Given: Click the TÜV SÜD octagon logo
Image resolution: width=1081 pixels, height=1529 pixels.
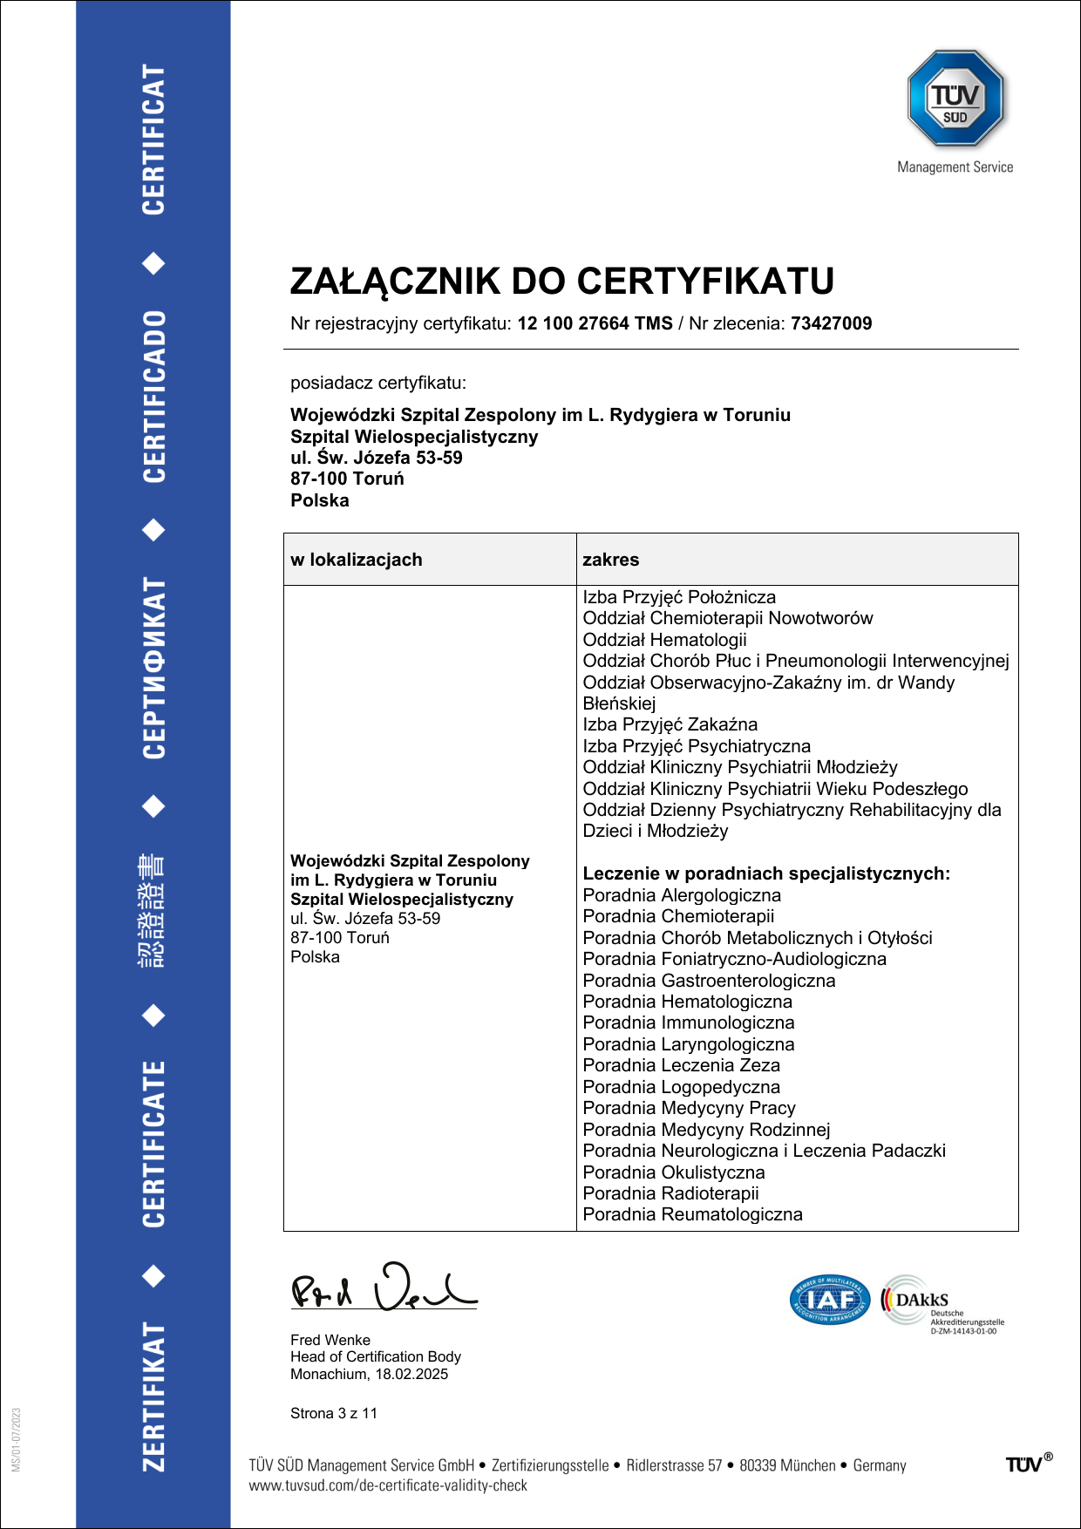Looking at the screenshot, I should [x=955, y=98].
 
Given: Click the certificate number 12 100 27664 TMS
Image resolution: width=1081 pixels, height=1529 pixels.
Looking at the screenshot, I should [x=595, y=323].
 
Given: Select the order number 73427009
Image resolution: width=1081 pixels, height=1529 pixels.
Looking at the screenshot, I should [x=831, y=323].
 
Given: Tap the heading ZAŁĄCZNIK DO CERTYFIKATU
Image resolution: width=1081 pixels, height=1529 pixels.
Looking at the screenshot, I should [x=561, y=281].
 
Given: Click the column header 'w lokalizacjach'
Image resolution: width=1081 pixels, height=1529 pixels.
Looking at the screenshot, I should [x=357, y=560].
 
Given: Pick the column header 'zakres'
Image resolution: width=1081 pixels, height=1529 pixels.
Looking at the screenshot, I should [x=610, y=560].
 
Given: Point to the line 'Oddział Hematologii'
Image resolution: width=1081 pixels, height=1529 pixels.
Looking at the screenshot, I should [x=664, y=640].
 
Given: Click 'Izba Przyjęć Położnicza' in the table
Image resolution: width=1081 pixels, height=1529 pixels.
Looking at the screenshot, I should [x=679, y=597].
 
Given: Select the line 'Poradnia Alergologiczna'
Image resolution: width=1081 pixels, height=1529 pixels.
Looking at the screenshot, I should [x=682, y=895].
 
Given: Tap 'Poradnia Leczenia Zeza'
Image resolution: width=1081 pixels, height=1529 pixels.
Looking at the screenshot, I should [x=681, y=1065].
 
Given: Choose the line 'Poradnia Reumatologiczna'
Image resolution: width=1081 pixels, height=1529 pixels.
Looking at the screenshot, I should [x=692, y=1214].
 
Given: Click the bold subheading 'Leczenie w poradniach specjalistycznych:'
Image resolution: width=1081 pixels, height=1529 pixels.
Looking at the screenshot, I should [x=766, y=873].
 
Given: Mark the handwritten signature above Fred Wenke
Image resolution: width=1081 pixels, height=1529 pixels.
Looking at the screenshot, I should [x=383, y=1288].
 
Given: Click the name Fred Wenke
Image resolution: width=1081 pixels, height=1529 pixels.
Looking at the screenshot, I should [x=330, y=1340].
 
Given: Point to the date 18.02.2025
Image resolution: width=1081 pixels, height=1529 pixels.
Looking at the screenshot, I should [x=411, y=1374].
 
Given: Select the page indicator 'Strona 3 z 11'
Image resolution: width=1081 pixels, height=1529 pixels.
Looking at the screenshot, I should [x=334, y=1413].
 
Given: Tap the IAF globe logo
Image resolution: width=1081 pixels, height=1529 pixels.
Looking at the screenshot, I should [x=829, y=1300].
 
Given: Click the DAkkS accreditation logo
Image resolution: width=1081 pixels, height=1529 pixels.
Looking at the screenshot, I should [x=940, y=1301].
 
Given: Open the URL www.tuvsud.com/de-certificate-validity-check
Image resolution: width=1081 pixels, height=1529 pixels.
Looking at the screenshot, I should [x=388, y=1485].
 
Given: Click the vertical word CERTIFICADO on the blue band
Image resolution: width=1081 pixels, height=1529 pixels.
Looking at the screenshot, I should [x=153, y=397].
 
